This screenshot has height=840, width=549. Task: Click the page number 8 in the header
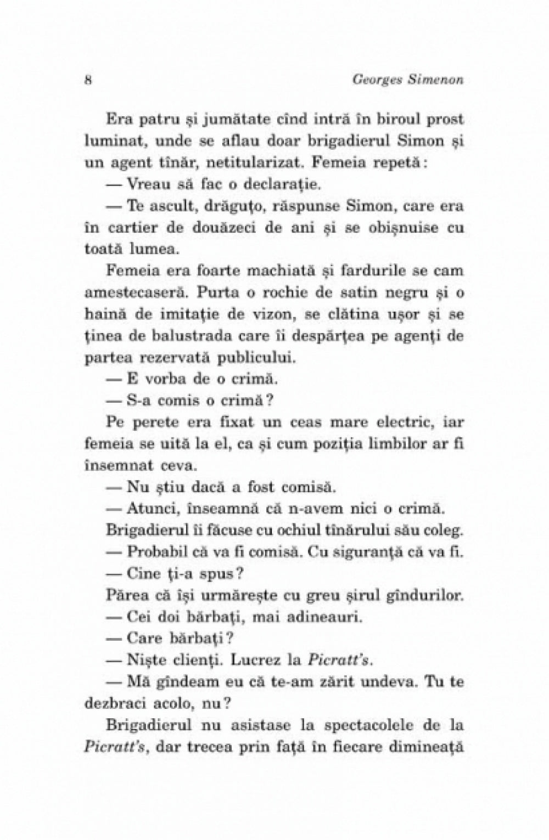pyautogui.click(x=88, y=79)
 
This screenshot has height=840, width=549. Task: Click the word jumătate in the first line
pyautogui.click(x=215, y=119)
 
